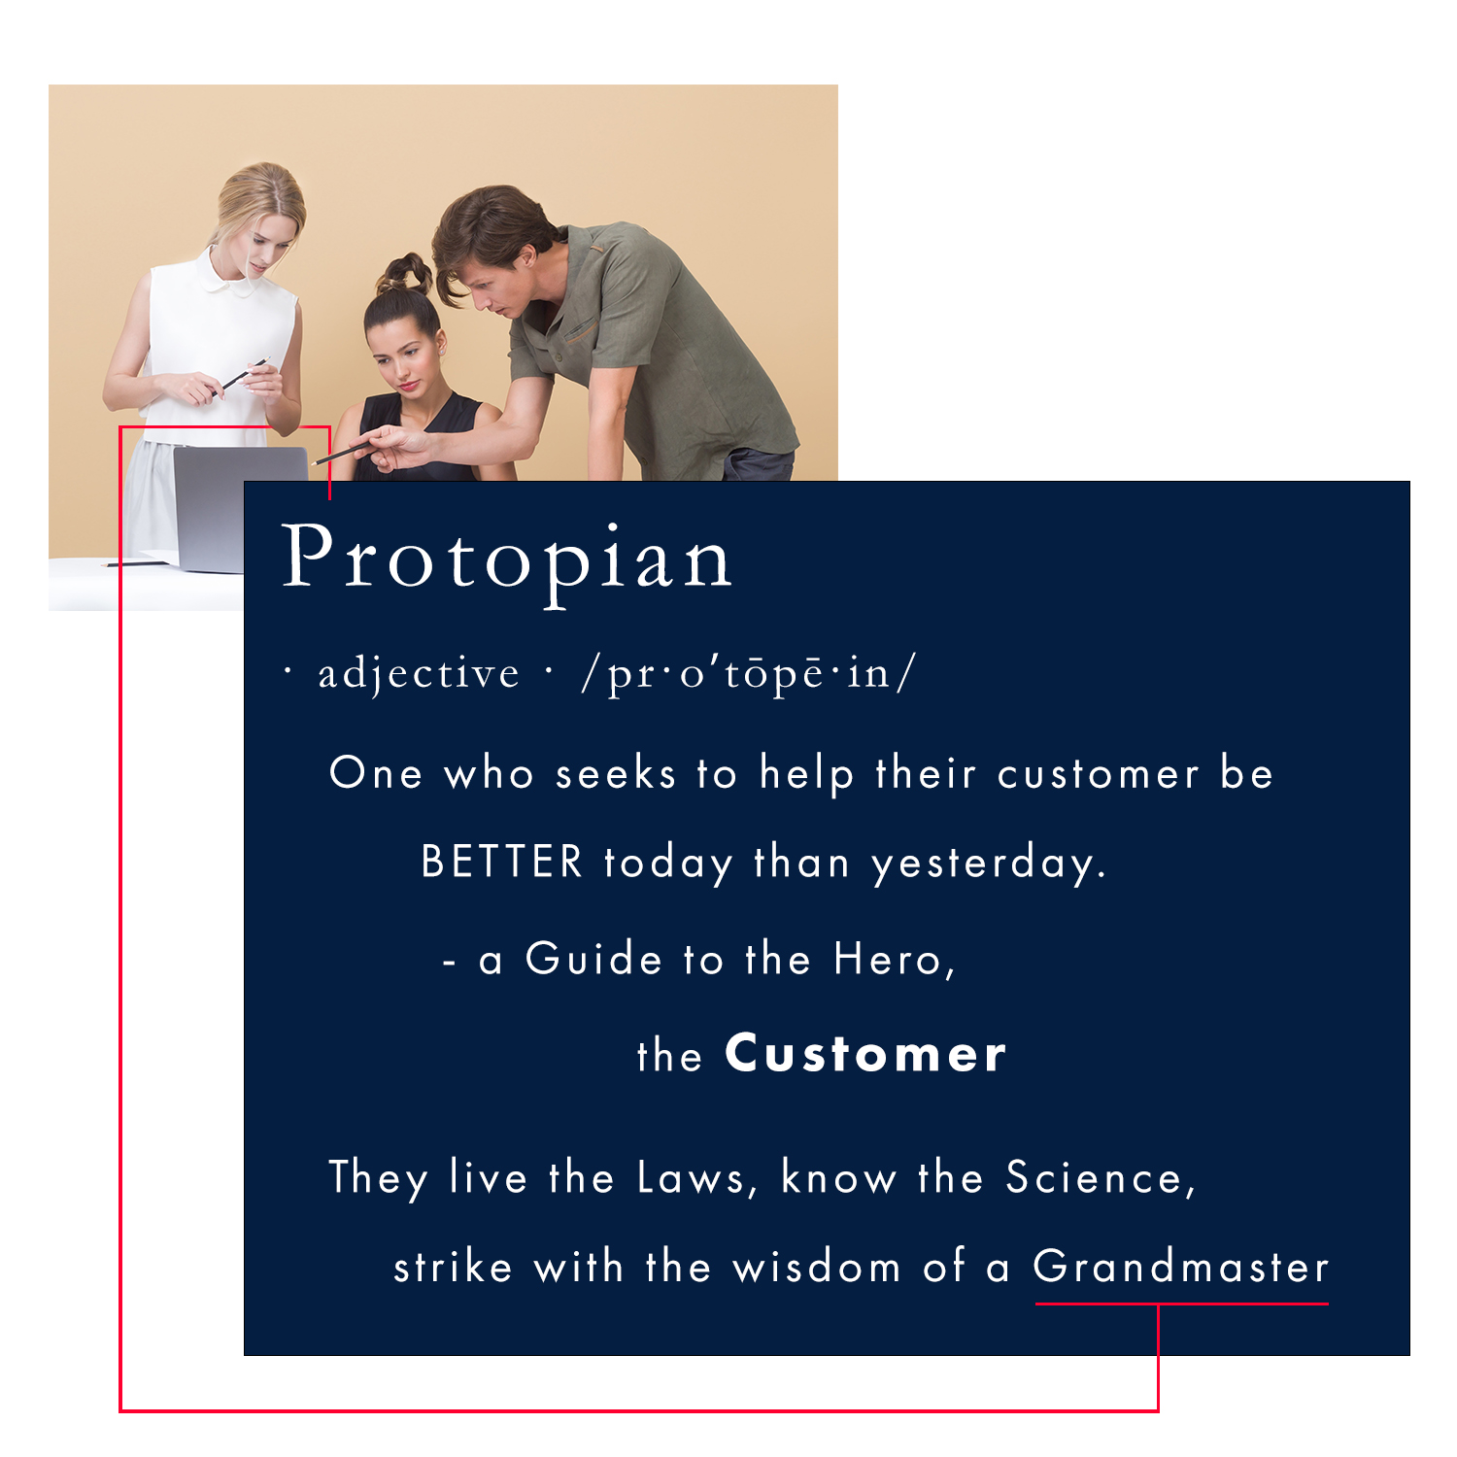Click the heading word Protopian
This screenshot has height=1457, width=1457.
click(507, 558)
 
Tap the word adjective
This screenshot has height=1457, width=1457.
click(419, 673)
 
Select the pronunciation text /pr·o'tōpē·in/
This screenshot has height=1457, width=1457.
click(748, 672)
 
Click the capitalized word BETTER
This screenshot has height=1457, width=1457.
click(501, 862)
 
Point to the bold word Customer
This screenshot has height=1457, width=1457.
click(865, 1054)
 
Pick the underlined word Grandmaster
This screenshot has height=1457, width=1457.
click(1180, 1267)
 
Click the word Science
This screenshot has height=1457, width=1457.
click(1093, 1177)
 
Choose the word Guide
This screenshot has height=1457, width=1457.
click(593, 959)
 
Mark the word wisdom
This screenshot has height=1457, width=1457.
click(816, 1267)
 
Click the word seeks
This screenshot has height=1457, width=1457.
click(615, 774)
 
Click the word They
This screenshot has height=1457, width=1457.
click(378, 1178)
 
